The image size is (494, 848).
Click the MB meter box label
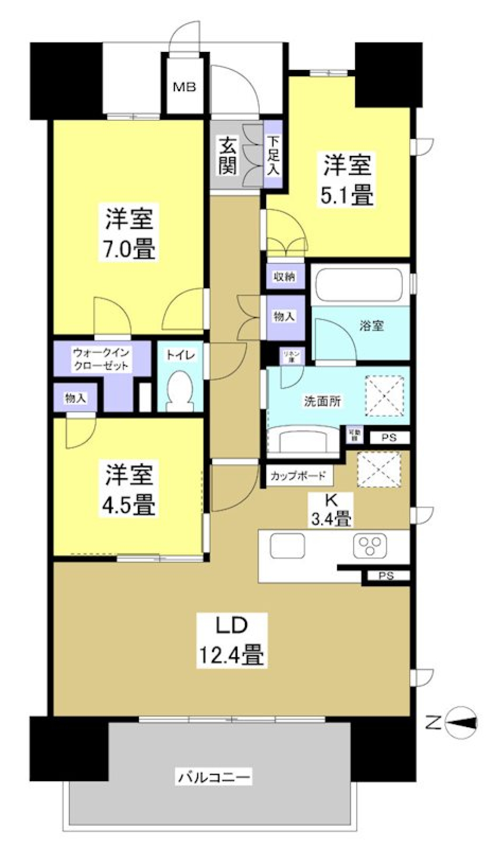click(184, 87)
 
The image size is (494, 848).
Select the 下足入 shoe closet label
click(273, 155)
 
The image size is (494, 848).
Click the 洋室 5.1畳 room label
click(347, 180)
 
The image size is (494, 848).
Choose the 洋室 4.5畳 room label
click(130, 490)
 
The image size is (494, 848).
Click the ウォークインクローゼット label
click(101, 359)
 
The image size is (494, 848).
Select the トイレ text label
click(180, 355)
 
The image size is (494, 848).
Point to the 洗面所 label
click(323, 402)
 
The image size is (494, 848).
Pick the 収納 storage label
click(284, 277)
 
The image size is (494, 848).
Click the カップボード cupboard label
click(298, 476)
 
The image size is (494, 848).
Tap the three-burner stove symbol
click(370, 546)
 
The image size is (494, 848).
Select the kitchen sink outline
click(287, 545)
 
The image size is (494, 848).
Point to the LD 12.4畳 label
click(232, 641)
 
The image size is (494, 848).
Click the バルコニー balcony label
click(215, 777)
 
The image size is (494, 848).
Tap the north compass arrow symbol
click(463, 724)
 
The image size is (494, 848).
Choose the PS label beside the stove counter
click(386, 576)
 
